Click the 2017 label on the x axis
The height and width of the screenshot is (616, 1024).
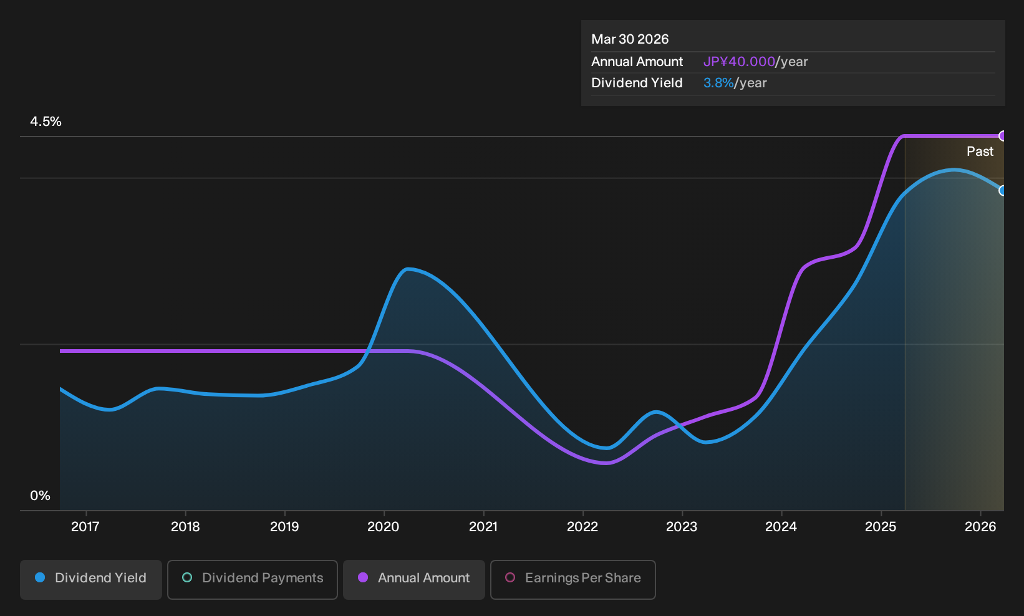click(85, 527)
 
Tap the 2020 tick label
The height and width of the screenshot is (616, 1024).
click(384, 527)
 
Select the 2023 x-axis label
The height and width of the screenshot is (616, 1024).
click(682, 527)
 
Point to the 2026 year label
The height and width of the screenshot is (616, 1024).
click(980, 527)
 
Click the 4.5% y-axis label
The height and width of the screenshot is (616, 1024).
click(46, 122)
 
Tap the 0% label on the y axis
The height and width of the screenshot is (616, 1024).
click(41, 496)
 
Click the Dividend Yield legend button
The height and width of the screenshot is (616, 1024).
click(91, 579)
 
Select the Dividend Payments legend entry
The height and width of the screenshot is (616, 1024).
click(253, 579)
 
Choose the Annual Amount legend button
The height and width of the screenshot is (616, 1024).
click(413, 579)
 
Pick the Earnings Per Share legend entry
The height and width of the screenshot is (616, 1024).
click(572, 579)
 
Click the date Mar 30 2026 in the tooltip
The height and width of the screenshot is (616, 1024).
click(630, 39)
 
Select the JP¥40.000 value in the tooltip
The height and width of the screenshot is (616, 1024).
click(739, 62)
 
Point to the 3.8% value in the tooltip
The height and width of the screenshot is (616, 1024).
click(718, 83)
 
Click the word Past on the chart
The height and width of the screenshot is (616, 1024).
click(980, 152)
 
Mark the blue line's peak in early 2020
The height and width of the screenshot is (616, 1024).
click(408, 269)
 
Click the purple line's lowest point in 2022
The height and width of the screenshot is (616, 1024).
click(606, 463)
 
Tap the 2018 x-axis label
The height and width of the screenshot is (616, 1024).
click(185, 527)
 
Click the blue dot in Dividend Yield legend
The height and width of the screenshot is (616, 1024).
click(41, 577)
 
